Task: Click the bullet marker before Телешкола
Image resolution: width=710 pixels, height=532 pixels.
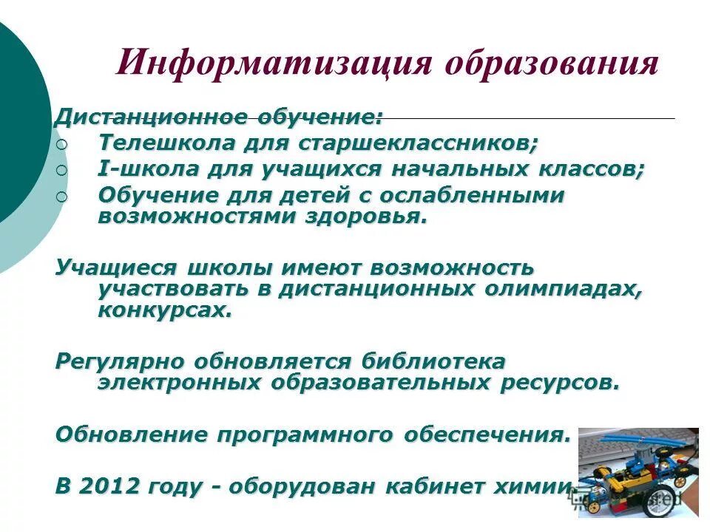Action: [61, 143]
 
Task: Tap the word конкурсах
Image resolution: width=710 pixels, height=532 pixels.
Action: [165, 310]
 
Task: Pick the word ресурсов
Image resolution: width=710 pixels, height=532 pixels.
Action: [570, 383]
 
